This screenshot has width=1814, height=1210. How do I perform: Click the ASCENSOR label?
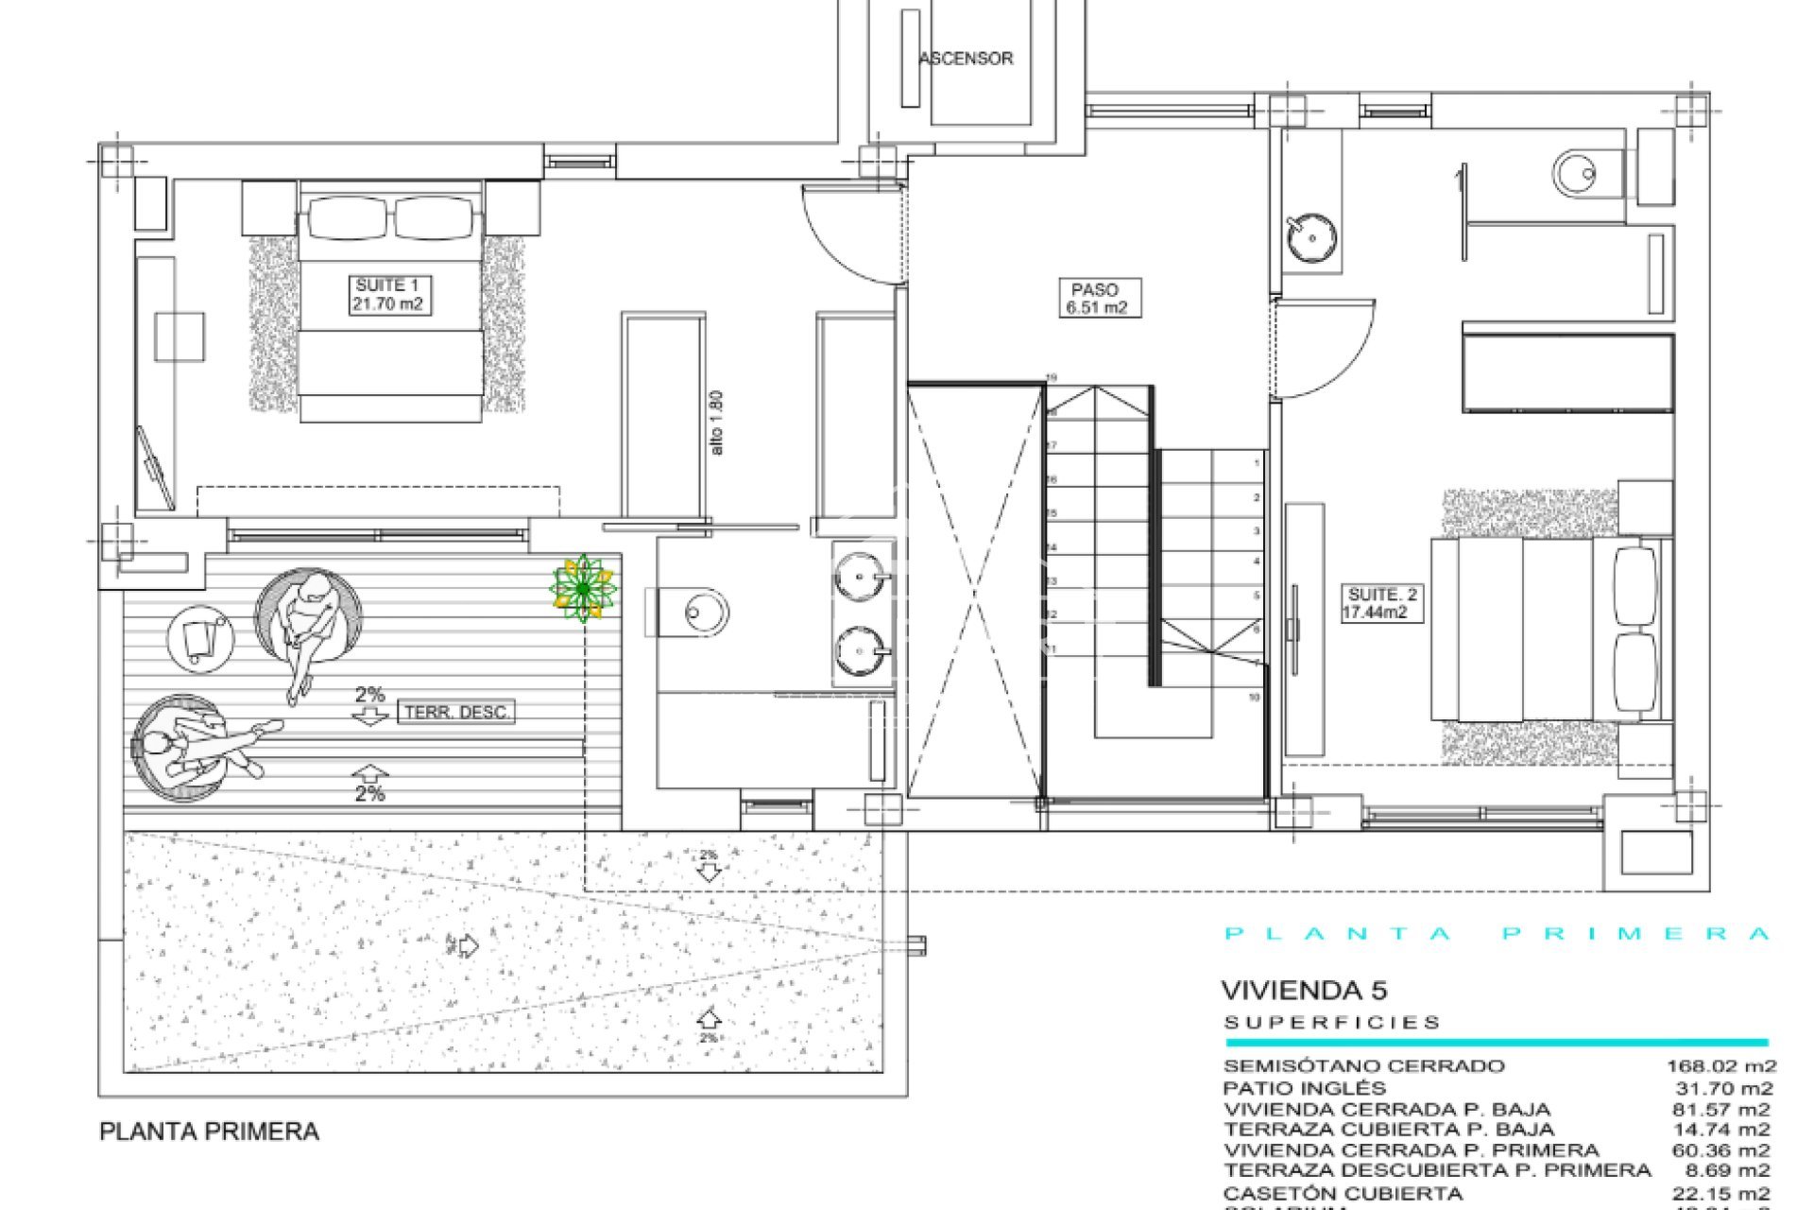point(966,59)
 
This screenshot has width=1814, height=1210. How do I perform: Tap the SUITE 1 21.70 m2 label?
point(387,295)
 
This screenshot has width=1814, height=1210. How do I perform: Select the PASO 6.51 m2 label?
point(1094,298)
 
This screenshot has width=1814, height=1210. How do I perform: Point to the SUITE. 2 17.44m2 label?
point(1381,603)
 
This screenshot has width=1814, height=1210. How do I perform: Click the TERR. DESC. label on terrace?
point(457,712)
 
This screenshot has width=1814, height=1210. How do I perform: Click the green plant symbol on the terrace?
point(583,589)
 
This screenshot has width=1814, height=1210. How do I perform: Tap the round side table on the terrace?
point(200,638)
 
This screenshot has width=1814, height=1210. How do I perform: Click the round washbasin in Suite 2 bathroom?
point(1311,237)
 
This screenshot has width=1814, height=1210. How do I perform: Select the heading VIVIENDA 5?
point(1304,991)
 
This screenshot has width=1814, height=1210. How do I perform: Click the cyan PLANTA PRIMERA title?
point(1497,934)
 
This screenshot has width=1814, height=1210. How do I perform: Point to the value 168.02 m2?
point(1720,1066)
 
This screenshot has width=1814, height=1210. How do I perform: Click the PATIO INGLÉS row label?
point(1304,1088)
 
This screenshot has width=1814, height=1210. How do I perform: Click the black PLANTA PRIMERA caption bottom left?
point(209,1132)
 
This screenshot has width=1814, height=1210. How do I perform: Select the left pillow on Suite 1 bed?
point(345,217)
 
